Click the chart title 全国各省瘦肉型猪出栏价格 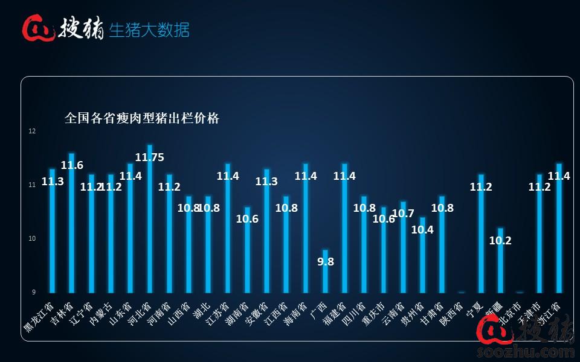point(142,118)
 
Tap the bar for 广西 point(325,271)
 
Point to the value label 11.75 point(149,157)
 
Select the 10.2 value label point(500,240)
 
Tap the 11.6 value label point(72,165)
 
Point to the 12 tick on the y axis point(32,131)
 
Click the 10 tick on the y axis point(32,238)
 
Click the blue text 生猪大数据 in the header point(149,30)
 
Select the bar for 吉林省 point(72,223)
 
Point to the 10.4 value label point(422,229)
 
